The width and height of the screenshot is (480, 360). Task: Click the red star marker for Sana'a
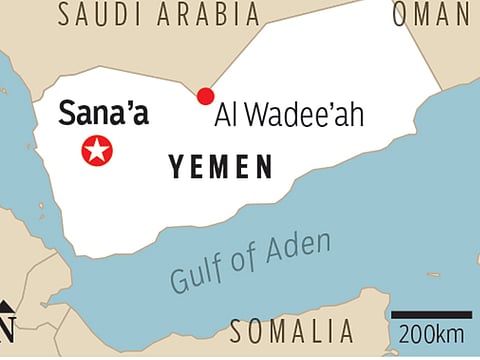pos(97,151)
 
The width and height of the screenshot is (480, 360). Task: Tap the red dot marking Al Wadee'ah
pos(205,96)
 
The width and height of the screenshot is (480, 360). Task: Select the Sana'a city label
pos(103,113)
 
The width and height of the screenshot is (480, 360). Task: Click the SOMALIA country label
pos(291,331)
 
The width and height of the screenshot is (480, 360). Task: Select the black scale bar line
pos(431,314)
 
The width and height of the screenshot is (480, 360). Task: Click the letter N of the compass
pos(6,328)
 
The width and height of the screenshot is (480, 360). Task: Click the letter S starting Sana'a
pos(68,114)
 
